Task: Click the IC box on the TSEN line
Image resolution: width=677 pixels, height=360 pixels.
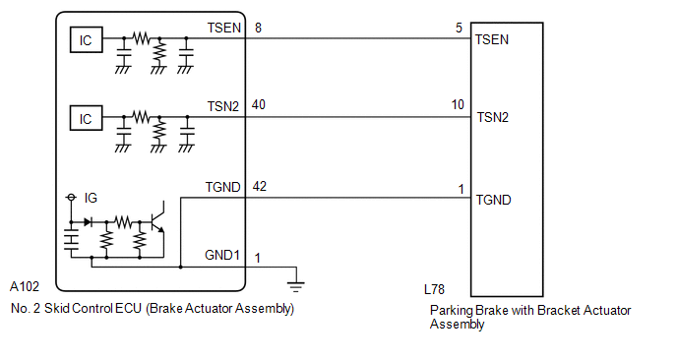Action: pos(87,40)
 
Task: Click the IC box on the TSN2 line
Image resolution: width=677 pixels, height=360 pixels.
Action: pos(87,118)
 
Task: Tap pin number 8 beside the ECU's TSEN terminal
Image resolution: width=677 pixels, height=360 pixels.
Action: pos(258,29)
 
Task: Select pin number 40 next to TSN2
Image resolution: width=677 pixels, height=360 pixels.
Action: pos(258,105)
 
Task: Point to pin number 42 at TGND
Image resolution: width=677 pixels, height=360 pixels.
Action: pos(259,187)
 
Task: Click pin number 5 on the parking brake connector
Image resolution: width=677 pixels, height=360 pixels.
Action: pos(459,29)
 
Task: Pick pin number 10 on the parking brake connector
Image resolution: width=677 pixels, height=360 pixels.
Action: pos(458,104)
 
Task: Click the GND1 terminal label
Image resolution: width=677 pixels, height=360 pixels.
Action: pos(222,255)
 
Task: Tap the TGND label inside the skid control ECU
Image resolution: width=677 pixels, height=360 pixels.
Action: pos(222,187)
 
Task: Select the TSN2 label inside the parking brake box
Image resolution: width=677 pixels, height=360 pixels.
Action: pos(493,117)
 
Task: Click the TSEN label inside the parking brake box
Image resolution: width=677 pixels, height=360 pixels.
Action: pos(492,39)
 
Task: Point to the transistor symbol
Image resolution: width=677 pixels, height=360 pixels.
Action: pos(157,221)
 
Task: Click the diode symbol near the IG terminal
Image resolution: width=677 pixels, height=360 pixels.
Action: pos(88,222)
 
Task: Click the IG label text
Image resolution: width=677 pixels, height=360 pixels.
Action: pos(91,198)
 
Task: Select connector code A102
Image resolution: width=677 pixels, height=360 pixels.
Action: pos(25,286)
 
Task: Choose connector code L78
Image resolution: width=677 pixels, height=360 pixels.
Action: pos(434,289)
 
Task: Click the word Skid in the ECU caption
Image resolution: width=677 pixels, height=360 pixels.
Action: pos(56,308)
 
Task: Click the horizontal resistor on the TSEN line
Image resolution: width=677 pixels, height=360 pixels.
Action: pos(141,38)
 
